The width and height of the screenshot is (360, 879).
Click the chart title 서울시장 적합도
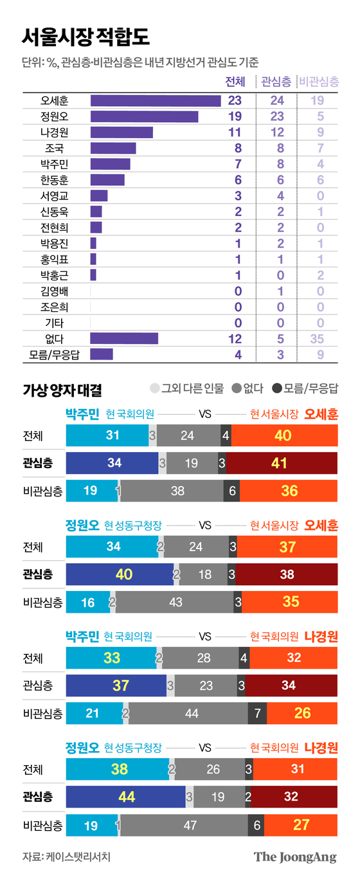tap(85, 37)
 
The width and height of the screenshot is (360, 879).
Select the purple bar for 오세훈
tap(156, 100)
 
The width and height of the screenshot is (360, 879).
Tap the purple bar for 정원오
tap(144, 116)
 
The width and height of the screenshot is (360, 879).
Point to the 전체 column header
tap(235, 81)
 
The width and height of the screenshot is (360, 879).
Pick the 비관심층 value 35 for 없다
tap(316, 338)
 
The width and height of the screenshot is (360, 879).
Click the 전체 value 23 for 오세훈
tap(234, 100)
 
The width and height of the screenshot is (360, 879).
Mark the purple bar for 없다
tap(124, 338)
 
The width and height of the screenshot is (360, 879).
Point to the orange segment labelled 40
tap(283, 436)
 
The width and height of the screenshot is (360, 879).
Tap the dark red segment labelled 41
tap(282, 464)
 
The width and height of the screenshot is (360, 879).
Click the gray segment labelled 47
tap(190, 825)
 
